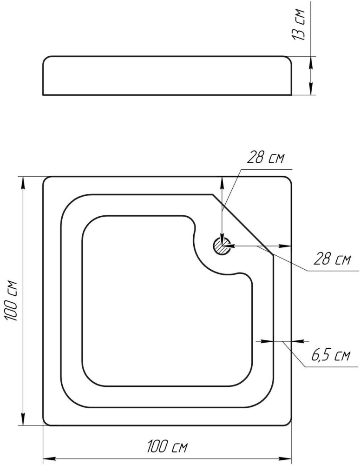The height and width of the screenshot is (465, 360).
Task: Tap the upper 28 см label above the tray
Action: point(266,158)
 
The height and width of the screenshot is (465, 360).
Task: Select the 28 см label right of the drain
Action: point(332,259)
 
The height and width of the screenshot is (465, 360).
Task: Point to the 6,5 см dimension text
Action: point(331,355)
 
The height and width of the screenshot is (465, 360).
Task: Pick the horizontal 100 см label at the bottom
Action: point(167,446)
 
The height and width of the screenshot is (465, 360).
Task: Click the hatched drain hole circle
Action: point(222,246)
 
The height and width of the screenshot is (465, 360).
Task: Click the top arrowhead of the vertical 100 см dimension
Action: point(22,182)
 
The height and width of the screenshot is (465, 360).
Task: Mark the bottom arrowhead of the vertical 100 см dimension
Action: point(22,419)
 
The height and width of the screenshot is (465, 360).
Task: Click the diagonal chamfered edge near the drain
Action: point(243,225)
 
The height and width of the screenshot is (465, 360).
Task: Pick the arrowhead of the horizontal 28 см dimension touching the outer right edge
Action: point(286,246)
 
